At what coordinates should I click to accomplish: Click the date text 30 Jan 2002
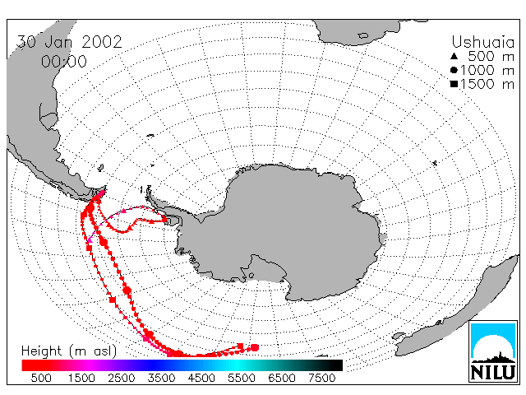point(69,42)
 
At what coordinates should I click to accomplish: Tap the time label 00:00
point(64,62)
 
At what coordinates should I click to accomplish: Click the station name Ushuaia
point(482,42)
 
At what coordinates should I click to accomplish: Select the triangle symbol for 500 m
point(454,56)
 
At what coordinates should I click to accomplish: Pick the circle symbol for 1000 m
point(454,70)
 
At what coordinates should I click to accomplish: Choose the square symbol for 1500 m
point(454,84)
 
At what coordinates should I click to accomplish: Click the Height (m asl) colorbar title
point(69,351)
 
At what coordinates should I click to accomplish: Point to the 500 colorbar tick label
point(41,378)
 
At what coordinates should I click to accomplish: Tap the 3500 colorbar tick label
point(161,378)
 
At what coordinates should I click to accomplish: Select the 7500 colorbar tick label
point(321,378)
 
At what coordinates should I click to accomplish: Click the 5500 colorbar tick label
point(242,378)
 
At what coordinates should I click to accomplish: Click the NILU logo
point(493,351)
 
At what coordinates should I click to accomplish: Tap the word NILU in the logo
point(493,372)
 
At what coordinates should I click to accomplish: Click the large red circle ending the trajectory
point(255,347)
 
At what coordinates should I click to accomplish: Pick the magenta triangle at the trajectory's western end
point(90,240)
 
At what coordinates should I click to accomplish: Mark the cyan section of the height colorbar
point(235,365)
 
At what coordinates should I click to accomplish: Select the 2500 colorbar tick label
point(122,378)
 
